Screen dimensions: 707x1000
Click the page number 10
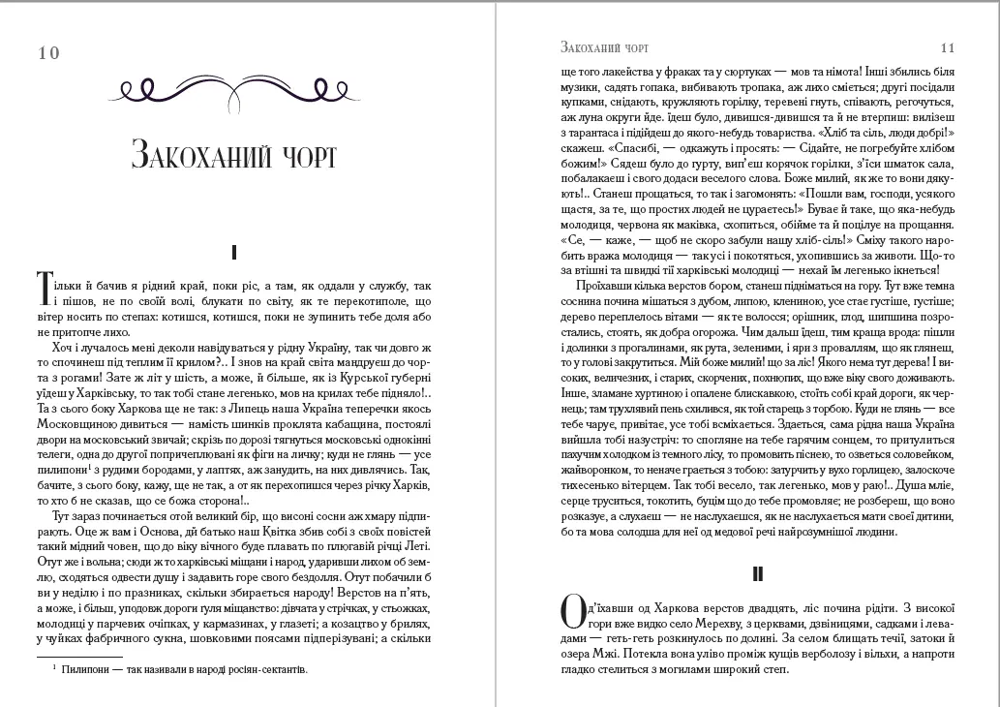point(48,53)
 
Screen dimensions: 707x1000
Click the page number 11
point(947,46)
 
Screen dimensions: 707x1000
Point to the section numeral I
point(234,253)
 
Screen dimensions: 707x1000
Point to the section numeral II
point(758,574)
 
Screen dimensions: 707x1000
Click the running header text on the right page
point(604,46)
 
